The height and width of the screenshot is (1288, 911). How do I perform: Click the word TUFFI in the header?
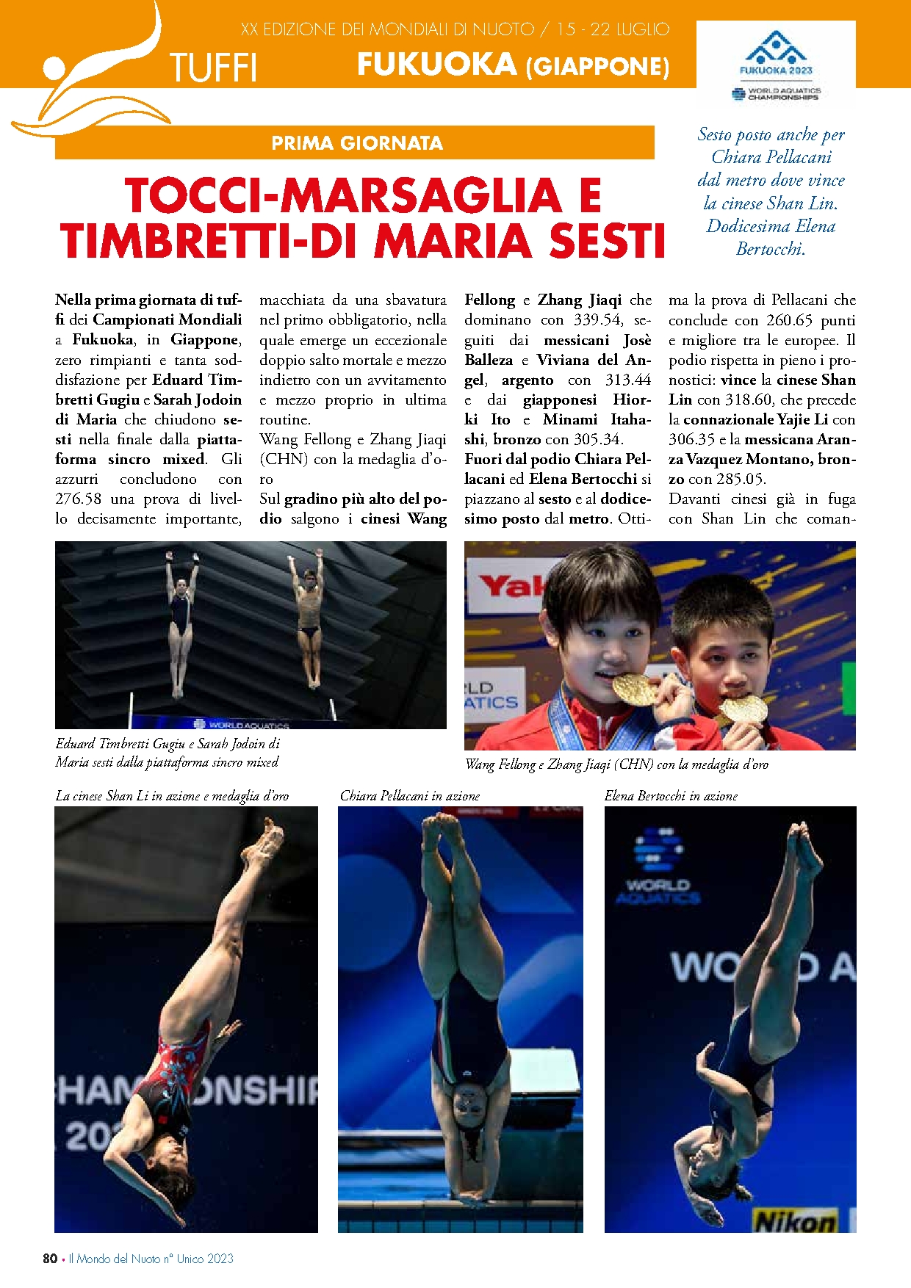pos(213,68)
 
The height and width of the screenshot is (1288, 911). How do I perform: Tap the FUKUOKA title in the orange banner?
pos(437,65)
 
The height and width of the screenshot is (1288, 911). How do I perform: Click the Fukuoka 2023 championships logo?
pos(776,65)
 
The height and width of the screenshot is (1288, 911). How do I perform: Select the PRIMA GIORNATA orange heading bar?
pos(356,143)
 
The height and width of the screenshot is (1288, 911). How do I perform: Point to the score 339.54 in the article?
pos(597,320)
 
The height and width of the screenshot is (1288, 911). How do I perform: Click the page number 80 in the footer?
pos(50,1259)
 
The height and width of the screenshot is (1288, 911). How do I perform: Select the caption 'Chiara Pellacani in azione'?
pos(410,796)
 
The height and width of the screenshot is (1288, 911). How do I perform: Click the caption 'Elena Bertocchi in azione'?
pos(671,796)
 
